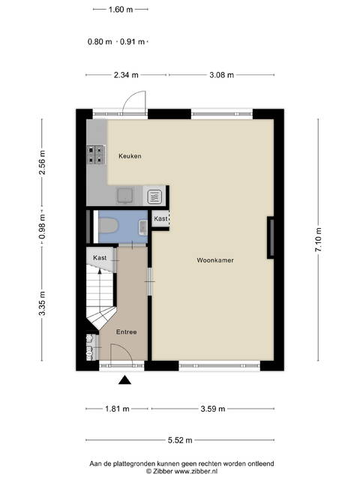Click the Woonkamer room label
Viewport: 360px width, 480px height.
(x=215, y=260)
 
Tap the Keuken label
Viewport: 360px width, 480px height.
(x=130, y=156)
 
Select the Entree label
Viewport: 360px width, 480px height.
(x=127, y=331)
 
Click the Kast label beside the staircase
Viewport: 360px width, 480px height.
(x=100, y=258)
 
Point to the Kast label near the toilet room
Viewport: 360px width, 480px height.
(x=160, y=218)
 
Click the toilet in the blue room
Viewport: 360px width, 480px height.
(x=108, y=226)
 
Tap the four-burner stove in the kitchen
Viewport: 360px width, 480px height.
(x=96, y=154)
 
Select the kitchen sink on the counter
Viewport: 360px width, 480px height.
(x=125, y=195)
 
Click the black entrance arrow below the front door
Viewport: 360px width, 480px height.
(x=124, y=380)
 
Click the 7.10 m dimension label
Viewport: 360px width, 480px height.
(x=318, y=240)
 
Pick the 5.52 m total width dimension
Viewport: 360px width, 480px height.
(x=180, y=440)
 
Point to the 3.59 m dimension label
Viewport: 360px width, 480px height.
(x=213, y=409)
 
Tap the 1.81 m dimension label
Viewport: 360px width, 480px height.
(x=117, y=409)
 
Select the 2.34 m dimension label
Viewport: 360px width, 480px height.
(x=126, y=75)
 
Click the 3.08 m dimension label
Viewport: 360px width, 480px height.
(x=222, y=75)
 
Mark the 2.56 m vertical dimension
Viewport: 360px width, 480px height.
(x=42, y=163)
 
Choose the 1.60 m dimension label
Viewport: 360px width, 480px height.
(x=121, y=10)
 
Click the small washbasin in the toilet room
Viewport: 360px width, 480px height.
(x=143, y=227)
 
